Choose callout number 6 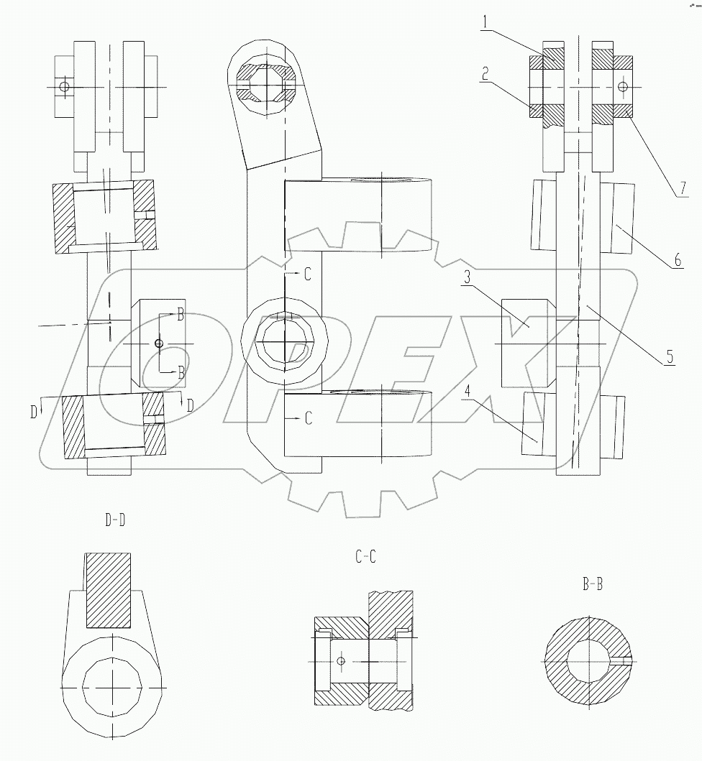(678, 260)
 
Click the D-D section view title (114, 521)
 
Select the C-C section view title (365, 555)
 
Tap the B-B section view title (593, 584)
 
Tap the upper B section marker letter (181, 315)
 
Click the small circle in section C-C (341, 661)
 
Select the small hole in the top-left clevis (65, 87)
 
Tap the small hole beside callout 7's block (621, 87)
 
